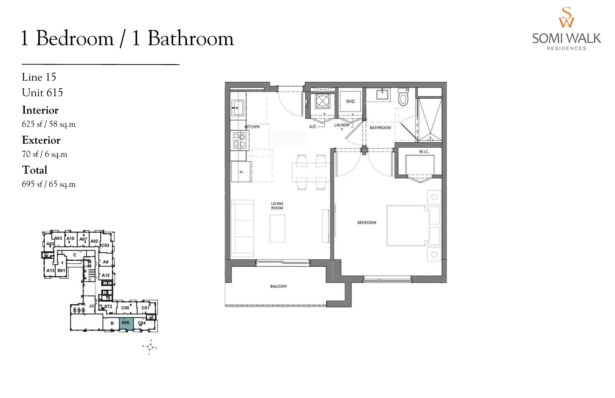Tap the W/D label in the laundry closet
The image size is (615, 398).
pyautogui.click(x=350, y=102)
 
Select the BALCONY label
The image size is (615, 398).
pyautogui.click(x=278, y=286)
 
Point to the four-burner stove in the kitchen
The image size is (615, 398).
pyautogui.click(x=240, y=140)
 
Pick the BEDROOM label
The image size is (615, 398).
pyautogui.click(x=367, y=223)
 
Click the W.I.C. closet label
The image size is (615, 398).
pyautogui.click(x=424, y=152)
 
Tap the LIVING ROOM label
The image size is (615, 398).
pyautogui.click(x=277, y=206)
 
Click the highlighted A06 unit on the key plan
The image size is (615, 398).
pyautogui.click(x=126, y=324)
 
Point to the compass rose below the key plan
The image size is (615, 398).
pyautogui.click(x=150, y=347)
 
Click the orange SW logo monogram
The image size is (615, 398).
pyautogui.click(x=566, y=17)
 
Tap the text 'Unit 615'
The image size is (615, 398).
pyautogui.click(x=42, y=93)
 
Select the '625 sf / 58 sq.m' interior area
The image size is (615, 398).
pyautogui.click(x=49, y=124)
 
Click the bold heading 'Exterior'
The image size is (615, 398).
pyautogui.click(x=41, y=140)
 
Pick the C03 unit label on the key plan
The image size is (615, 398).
pyautogui.click(x=105, y=245)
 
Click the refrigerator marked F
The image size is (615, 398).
pyautogui.click(x=241, y=172)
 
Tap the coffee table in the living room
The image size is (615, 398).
pyautogui.click(x=277, y=229)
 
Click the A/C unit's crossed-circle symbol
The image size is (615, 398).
pyautogui.click(x=323, y=101)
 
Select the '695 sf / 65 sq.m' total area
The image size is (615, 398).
pyautogui.click(x=49, y=184)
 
